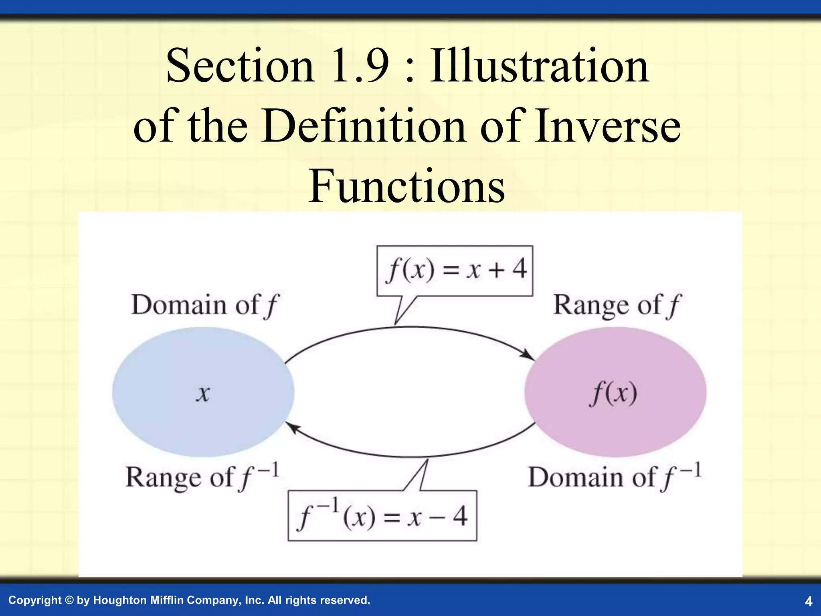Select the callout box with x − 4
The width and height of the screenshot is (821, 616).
382,516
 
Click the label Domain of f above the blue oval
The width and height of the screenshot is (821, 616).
204,305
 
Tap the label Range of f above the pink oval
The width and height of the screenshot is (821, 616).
617,305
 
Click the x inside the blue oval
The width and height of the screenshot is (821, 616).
203,393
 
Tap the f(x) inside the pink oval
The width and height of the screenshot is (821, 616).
613,393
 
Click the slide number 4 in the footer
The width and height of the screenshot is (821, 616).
809,601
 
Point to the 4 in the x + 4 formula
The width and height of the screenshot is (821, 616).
520,269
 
